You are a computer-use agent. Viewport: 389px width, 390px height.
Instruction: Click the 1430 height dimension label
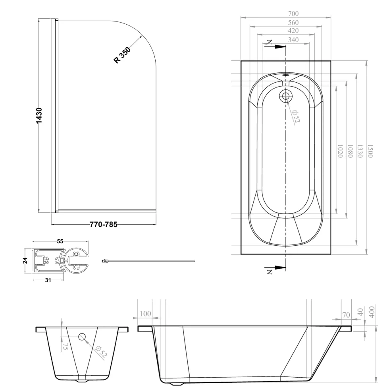pyautogui.click(x=39, y=115)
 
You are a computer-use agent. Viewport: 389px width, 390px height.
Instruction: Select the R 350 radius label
pyautogui.click(x=122, y=55)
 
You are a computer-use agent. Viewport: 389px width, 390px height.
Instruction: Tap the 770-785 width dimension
pyautogui.click(x=103, y=225)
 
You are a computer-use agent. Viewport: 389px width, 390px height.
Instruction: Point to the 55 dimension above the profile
pyautogui.click(x=60, y=241)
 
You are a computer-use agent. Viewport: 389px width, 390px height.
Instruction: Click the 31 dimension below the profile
pyautogui.click(x=48, y=280)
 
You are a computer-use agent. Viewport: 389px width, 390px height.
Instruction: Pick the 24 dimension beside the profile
pyautogui.click(x=25, y=260)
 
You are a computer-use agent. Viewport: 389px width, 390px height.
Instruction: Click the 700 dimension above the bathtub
pyautogui.click(x=293, y=14)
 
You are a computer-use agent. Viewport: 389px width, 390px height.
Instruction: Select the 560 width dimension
pyautogui.click(x=293, y=23)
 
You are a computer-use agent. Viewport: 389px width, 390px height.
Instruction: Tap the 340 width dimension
pyautogui.click(x=293, y=40)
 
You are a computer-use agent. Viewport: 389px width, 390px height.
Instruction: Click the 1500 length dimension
pyautogui.click(x=370, y=151)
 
